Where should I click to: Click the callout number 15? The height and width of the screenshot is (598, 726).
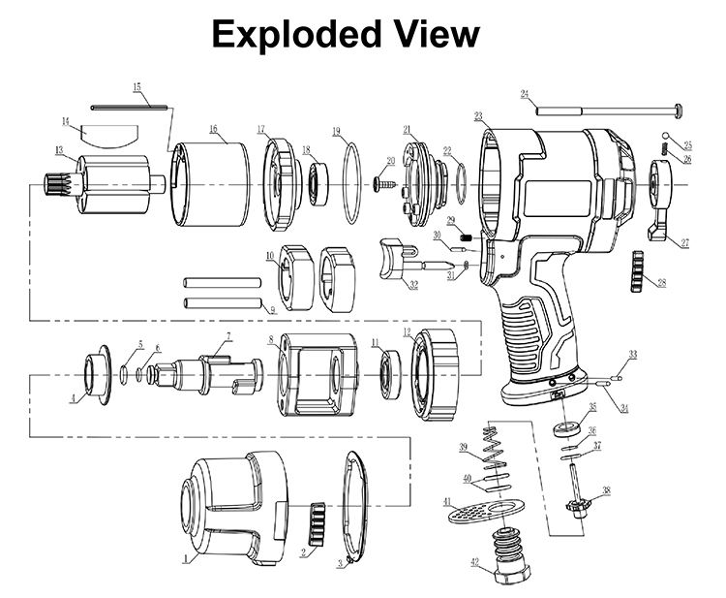pyautogui.click(x=137, y=88)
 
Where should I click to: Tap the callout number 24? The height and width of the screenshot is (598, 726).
pyautogui.click(x=524, y=94)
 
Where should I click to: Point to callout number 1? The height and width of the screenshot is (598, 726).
pyautogui.click(x=185, y=559)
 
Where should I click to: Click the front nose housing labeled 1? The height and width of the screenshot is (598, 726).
pyautogui.click(x=227, y=504)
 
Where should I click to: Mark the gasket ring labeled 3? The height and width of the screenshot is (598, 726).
pyautogui.click(x=357, y=510)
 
